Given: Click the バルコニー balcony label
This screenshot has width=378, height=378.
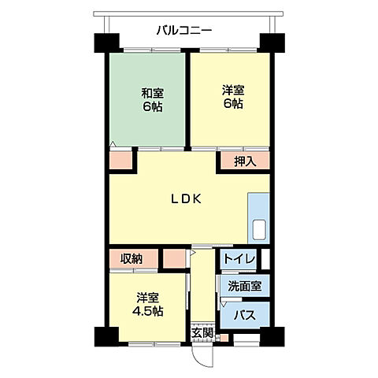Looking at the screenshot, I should (x=183, y=31).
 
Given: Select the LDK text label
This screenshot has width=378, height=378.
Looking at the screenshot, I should (x=187, y=199).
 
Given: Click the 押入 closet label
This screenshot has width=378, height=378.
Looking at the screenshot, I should (x=245, y=161).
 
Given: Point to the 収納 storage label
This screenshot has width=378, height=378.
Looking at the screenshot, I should (x=132, y=258).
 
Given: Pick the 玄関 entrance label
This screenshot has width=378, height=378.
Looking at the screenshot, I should (x=202, y=332).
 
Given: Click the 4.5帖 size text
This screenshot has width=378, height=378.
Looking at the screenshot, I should (x=147, y=311).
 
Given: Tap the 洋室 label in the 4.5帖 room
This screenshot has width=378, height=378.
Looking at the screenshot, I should (x=147, y=297).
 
